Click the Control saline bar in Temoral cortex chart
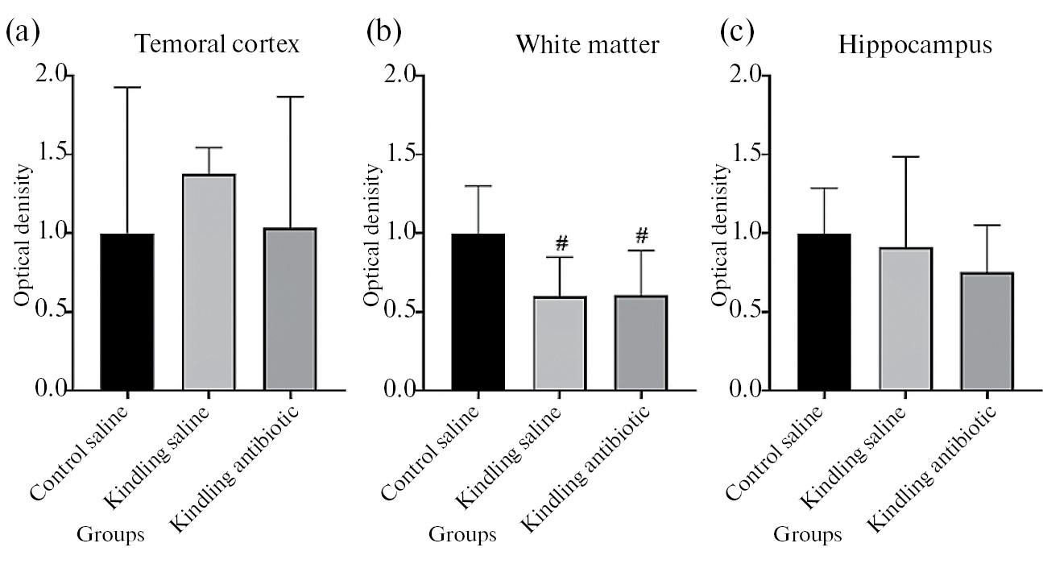[127, 312]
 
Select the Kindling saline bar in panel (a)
[209, 282]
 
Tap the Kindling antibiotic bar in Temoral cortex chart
[289, 309]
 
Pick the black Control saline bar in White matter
[478, 312]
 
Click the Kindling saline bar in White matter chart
[560, 343]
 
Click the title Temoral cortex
[217, 44]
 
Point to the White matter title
[588, 44]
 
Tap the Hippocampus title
[915, 44]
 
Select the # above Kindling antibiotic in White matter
[642, 234]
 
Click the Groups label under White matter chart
[462, 533]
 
